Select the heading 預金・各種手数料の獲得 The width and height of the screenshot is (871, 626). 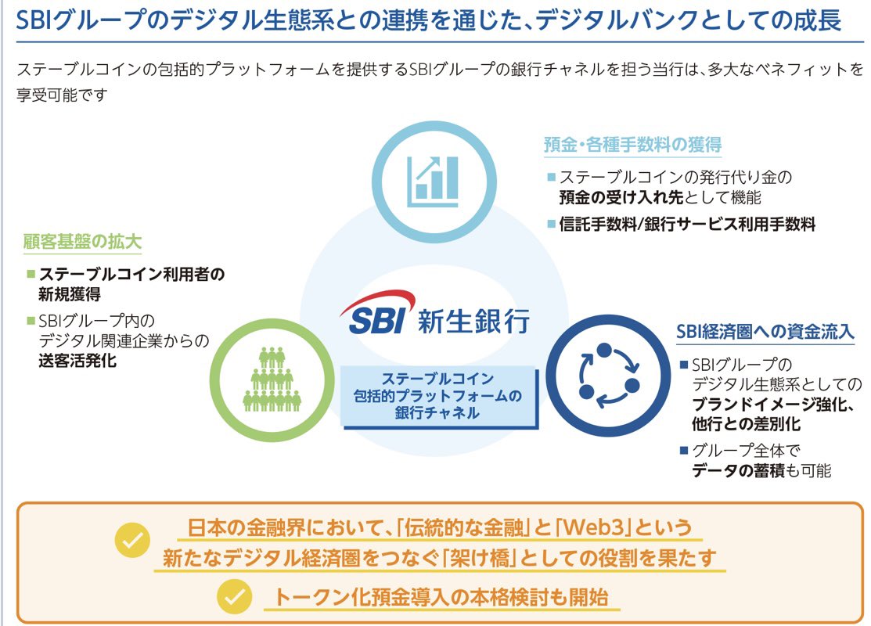click(x=632, y=145)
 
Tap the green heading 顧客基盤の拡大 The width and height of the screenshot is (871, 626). click(x=83, y=242)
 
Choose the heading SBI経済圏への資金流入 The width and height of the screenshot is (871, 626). click(x=765, y=332)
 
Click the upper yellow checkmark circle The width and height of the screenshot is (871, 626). click(x=132, y=540)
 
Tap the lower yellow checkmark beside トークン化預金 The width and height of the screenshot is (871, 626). click(x=234, y=597)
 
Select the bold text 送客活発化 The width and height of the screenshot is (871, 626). click(x=77, y=361)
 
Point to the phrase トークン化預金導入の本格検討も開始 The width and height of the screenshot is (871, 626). click(x=441, y=597)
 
